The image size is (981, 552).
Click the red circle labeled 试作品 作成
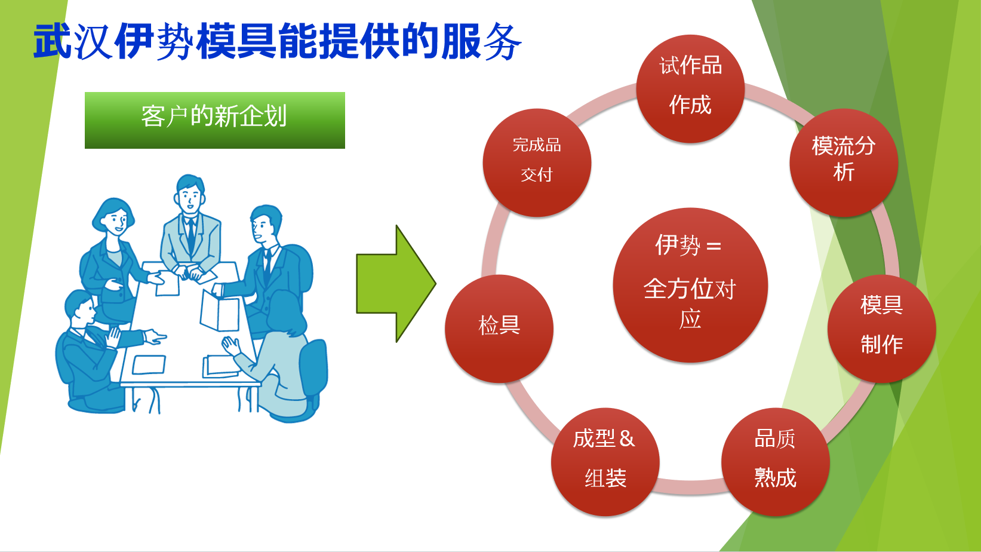click(x=690, y=88)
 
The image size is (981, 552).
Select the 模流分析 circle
click(x=844, y=162)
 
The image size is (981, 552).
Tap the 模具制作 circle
click(x=881, y=328)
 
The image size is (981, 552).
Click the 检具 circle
click(x=499, y=328)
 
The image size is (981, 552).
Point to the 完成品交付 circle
click(x=537, y=162)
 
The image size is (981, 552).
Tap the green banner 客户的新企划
click(x=215, y=120)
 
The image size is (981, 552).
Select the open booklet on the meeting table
click(x=220, y=311)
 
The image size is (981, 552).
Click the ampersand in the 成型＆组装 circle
click(x=627, y=439)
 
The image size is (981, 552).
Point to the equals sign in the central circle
click(x=714, y=246)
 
